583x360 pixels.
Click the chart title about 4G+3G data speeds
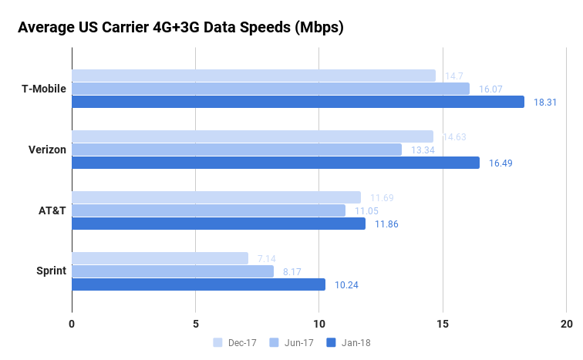click(x=180, y=28)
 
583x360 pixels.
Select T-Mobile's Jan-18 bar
click(x=298, y=102)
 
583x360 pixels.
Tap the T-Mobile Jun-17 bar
click(x=270, y=89)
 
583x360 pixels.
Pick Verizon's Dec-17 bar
click(x=252, y=136)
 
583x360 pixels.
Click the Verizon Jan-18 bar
click(x=275, y=163)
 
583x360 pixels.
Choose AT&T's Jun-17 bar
click(x=208, y=210)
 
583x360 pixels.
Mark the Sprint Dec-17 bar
click(x=160, y=258)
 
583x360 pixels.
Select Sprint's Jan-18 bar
click(x=198, y=284)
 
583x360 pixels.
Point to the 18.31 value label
click(x=545, y=102)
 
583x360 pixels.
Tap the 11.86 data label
click(x=386, y=224)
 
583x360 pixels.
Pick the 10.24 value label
click(x=346, y=284)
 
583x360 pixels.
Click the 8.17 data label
click(x=291, y=271)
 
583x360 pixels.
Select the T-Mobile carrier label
click(x=43, y=89)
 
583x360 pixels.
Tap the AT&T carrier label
click(x=52, y=210)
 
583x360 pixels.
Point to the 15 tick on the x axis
click(x=443, y=324)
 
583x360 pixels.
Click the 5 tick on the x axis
click(x=195, y=324)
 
